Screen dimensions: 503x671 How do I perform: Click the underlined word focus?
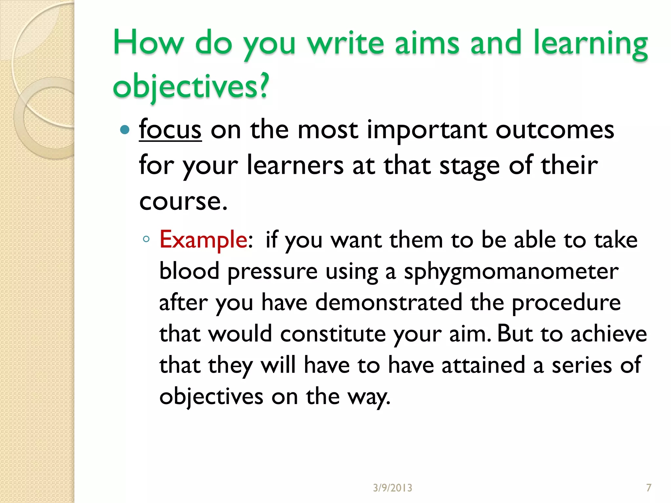[170, 130]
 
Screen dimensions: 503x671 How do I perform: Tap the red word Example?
[203, 240]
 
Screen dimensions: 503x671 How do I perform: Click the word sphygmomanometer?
[511, 272]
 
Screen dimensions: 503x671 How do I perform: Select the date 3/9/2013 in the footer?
[393, 488]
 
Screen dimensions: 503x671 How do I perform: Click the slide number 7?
[648, 488]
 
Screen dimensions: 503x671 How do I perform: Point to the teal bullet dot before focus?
[125, 130]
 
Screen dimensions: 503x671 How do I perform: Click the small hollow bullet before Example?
[146, 239]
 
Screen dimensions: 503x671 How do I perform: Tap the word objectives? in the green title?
[191, 86]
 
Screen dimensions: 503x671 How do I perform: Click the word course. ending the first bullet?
[183, 201]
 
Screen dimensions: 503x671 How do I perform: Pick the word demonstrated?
[389, 302]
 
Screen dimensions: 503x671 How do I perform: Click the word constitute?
[333, 334]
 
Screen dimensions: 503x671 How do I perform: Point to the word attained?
[483, 365]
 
